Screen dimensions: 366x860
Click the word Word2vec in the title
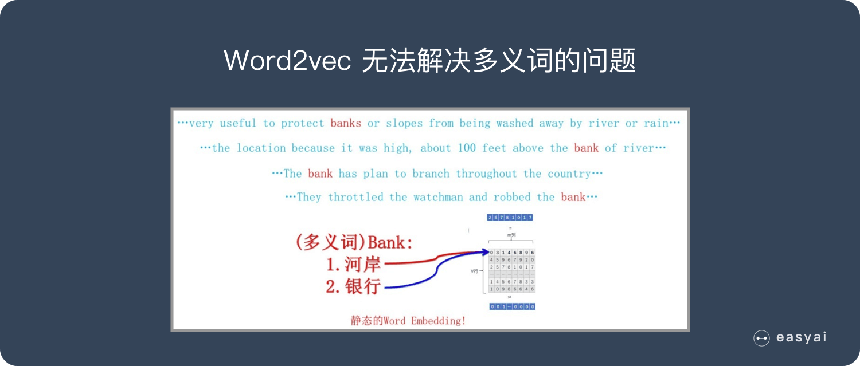287,61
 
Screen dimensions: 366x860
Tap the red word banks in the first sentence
346,123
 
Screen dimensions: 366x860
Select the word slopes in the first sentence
404,123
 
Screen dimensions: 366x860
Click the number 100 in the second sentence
467,148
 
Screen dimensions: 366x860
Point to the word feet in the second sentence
494,148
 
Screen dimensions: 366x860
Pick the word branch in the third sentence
431,174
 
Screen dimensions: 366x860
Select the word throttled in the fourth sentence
355,197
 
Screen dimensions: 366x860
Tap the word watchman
438,197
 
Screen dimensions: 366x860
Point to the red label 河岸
362,265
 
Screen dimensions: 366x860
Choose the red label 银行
362,286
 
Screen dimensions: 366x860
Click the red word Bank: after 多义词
390,242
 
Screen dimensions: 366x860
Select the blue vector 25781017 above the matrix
510,218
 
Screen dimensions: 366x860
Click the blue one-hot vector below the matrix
512,306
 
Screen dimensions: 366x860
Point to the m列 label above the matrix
510,235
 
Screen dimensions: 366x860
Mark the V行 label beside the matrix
474,270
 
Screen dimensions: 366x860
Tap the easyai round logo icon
761,339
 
